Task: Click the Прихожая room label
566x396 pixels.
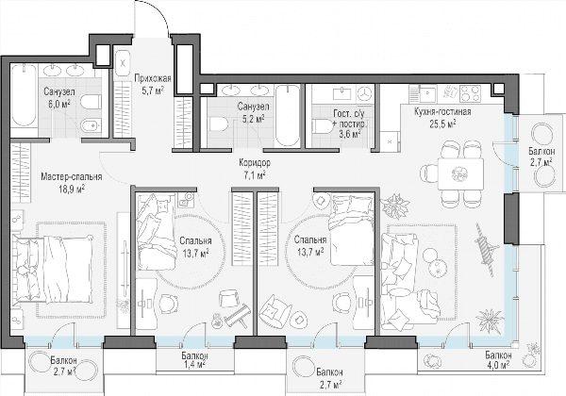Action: tap(153, 78)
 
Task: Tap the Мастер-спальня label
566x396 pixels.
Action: tap(72, 176)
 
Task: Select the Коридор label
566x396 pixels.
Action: tap(255, 163)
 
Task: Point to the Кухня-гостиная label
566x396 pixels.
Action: tap(442, 112)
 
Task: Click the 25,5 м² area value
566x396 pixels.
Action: tap(442, 124)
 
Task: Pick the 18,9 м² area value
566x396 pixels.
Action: tap(72, 189)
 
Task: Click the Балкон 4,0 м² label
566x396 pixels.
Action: tap(498, 359)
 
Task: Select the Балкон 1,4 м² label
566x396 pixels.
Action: tap(194, 360)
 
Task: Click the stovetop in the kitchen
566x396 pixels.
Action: tap(471, 92)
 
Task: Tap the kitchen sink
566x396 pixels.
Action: tap(427, 93)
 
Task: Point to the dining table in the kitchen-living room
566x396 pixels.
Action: tap(461, 173)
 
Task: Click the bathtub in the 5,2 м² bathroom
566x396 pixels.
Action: tap(288, 115)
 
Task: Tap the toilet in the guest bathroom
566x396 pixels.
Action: tap(324, 126)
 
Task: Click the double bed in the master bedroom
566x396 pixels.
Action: tap(53, 269)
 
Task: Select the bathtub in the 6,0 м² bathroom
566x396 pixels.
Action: tap(24, 95)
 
